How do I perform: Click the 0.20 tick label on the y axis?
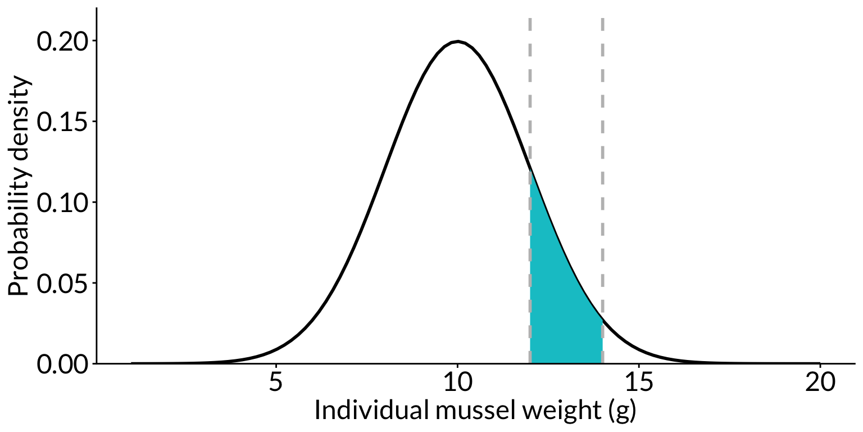tap(62, 42)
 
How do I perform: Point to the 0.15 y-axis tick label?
tap(62, 122)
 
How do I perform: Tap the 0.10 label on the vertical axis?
tap(62, 202)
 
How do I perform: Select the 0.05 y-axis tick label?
tap(62, 283)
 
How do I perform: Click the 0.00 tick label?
tap(62, 364)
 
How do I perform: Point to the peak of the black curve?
tap(458, 42)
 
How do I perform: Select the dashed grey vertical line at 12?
tap(530, 101)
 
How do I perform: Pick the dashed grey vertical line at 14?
tap(602, 169)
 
